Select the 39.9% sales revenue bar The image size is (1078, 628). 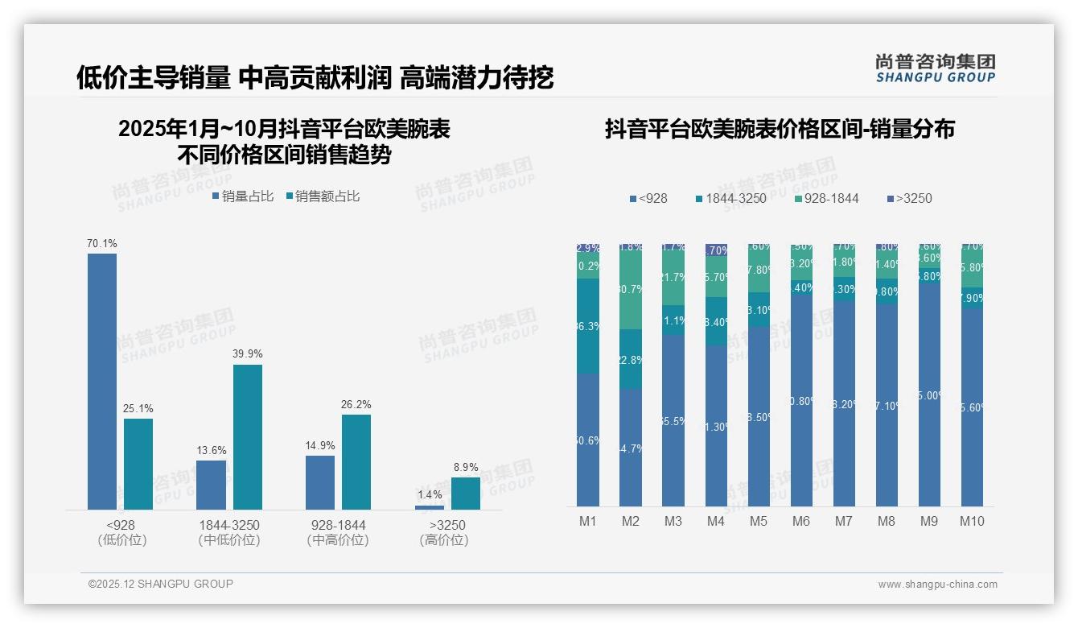point(248,436)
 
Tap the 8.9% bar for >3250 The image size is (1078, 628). point(465,493)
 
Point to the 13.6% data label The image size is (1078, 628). point(211,450)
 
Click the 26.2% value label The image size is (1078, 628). point(356,405)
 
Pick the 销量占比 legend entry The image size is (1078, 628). point(243,196)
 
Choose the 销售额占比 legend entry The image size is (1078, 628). point(323,196)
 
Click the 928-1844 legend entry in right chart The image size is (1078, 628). point(826,198)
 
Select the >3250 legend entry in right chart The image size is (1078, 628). point(909,198)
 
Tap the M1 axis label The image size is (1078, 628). point(588,521)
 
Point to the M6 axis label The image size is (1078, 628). point(800,521)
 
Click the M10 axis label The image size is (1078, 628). point(972,521)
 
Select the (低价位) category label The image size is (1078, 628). point(121,540)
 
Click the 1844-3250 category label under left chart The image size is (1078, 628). point(229,525)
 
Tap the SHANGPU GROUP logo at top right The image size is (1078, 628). point(935,68)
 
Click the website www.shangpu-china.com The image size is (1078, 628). point(937,584)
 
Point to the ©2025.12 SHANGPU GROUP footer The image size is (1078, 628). point(161,584)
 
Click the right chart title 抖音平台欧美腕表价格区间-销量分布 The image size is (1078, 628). point(780,130)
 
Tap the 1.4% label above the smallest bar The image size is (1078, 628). point(430,494)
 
